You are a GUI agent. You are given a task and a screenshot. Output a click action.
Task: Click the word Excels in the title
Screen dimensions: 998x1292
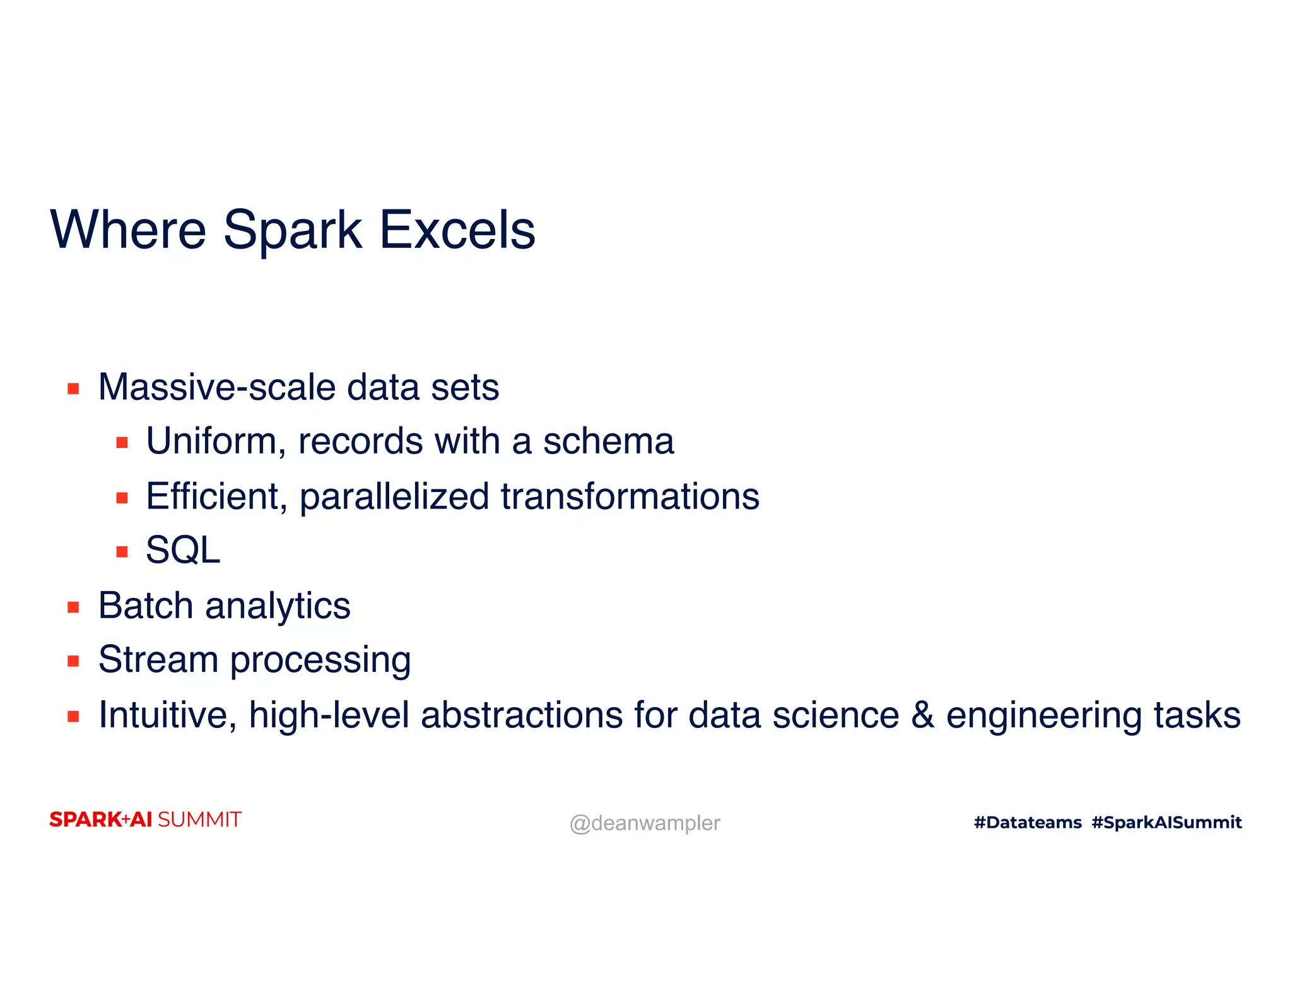pos(457,230)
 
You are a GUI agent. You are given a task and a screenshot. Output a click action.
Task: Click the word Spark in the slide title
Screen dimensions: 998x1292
pos(292,230)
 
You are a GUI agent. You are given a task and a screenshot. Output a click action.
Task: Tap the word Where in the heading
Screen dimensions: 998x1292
pos(128,230)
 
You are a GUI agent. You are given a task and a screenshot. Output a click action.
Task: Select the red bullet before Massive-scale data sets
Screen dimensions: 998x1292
pos(73,389)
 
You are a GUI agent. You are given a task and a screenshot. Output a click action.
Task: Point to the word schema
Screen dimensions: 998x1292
pos(608,441)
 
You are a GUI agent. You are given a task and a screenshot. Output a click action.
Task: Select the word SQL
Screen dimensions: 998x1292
pos(183,550)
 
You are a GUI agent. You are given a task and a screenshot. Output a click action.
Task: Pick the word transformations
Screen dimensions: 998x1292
pos(630,496)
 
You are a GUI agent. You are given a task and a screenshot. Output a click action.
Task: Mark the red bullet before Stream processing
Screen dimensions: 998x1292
pos(73,661)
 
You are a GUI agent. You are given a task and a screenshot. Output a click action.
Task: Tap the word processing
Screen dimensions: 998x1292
pos(320,661)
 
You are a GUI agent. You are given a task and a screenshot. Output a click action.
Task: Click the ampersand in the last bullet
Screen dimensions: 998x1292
pos(922,715)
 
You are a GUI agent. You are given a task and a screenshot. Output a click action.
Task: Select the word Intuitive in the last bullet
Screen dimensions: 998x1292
pos(167,715)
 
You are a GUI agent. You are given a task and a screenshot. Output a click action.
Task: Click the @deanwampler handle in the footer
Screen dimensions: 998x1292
pos(644,823)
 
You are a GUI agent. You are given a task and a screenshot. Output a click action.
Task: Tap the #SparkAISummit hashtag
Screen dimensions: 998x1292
pos(1166,822)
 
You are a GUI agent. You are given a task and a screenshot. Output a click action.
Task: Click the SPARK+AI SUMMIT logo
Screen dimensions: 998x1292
pos(145,819)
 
